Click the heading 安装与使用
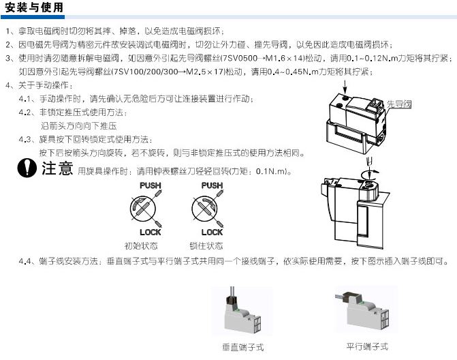[34, 7]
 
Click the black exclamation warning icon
[27, 168]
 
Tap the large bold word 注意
[57, 168]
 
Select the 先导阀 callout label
[399, 104]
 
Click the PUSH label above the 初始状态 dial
[151, 185]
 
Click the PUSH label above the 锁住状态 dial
[212, 185]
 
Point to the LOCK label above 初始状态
[151, 232]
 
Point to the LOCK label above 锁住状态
[212, 232]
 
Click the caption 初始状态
[141, 246]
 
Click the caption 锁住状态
[206, 246]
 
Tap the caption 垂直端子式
[242, 347]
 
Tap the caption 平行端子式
[367, 346]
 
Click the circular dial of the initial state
[143, 209]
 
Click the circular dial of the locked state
[204, 209]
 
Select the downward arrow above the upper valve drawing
[345, 87]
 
